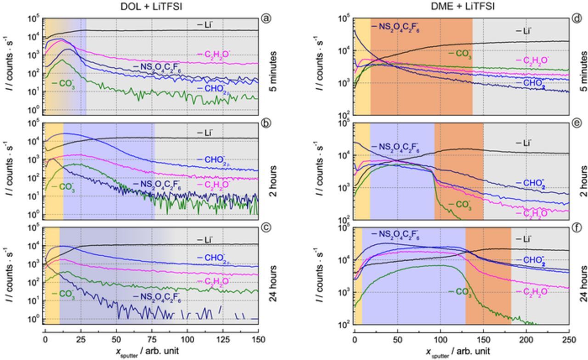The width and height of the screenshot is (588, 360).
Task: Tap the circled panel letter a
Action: coord(265,18)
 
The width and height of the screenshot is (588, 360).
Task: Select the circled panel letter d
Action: coord(576,18)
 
